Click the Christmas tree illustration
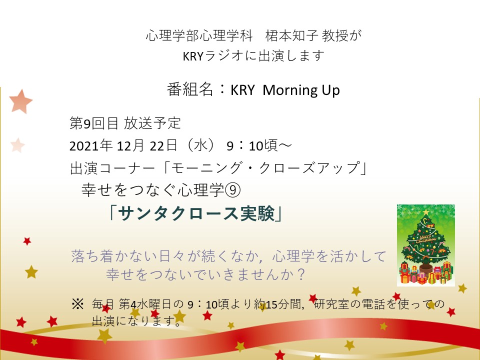(x=426, y=245)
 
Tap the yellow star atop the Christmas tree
(x=426, y=212)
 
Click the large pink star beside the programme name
(x=20, y=101)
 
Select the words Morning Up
(x=301, y=90)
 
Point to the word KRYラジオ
(x=213, y=55)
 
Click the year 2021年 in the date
(x=91, y=145)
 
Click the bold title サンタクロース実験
(x=196, y=213)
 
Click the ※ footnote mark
(x=77, y=304)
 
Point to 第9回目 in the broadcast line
(x=93, y=123)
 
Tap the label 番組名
(x=190, y=90)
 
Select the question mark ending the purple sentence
(x=300, y=274)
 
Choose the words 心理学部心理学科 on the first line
(x=199, y=36)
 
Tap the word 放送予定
(x=152, y=123)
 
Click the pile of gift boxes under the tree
(x=426, y=273)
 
